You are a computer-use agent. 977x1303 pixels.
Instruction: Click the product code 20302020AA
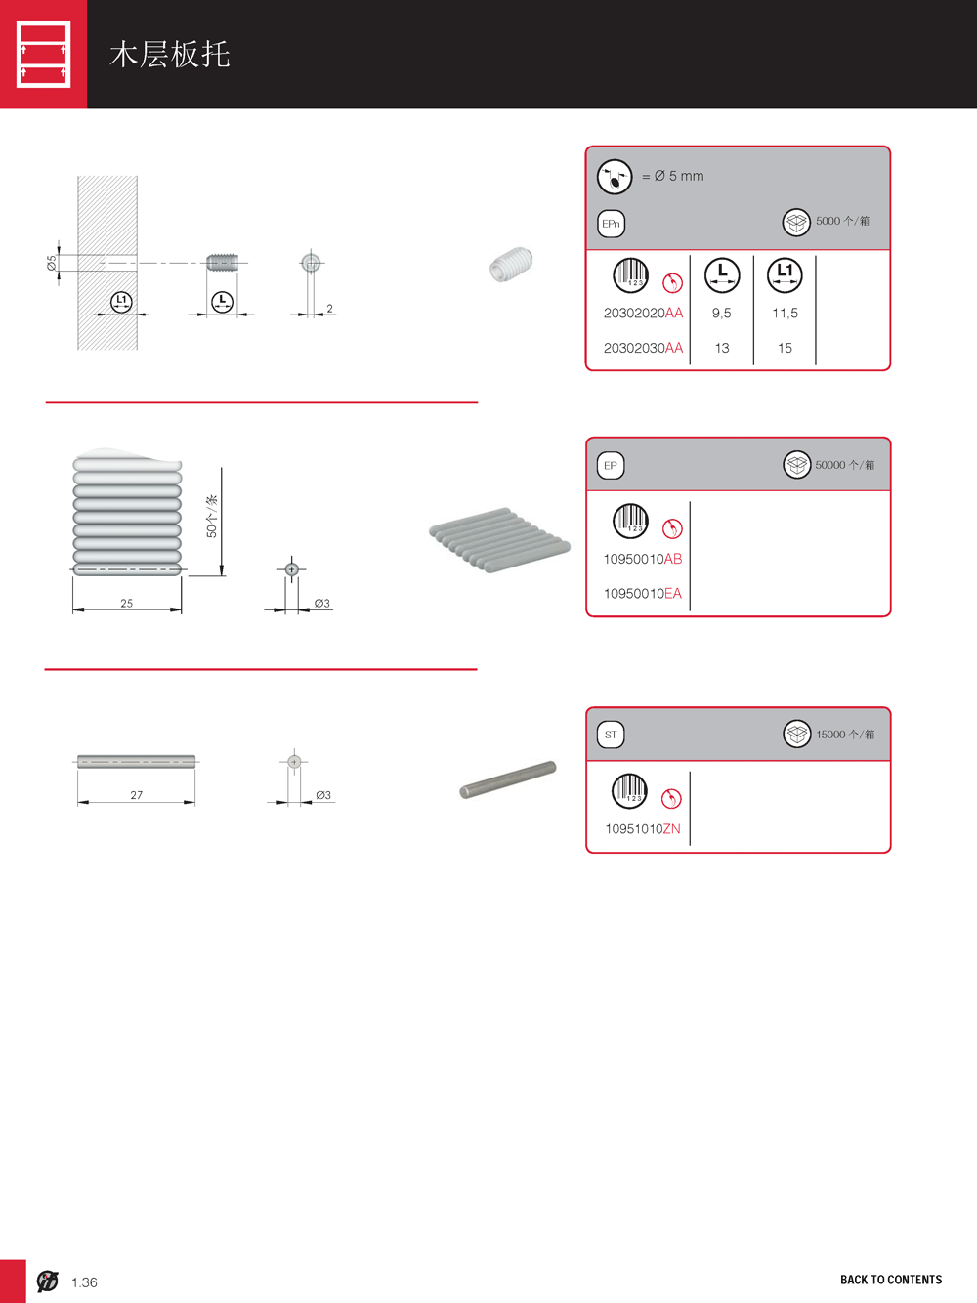click(x=643, y=313)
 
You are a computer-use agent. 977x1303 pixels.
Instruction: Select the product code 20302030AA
click(x=643, y=348)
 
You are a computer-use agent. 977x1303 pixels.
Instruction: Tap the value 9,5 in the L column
click(x=721, y=314)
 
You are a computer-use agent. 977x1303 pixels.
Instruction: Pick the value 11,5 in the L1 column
click(x=785, y=314)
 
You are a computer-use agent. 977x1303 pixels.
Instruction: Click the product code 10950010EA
click(x=642, y=594)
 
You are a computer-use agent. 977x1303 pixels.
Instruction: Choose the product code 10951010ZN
click(x=642, y=829)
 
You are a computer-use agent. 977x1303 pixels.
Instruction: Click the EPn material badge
click(x=611, y=224)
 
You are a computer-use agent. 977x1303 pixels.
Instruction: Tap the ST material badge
click(x=611, y=735)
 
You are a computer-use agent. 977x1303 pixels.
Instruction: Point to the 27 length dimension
click(x=137, y=795)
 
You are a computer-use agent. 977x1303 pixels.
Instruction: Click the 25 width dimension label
click(x=126, y=603)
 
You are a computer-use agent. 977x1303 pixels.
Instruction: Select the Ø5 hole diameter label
click(x=52, y=263)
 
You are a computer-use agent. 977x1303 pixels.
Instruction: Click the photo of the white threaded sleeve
click(x=511, y=264)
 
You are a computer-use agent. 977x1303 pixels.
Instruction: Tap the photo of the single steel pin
click(x=508, y=779)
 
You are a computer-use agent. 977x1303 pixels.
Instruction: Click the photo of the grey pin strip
click(x=500, y=539)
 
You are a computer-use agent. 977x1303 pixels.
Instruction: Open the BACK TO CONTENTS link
click(x=891, y=1280)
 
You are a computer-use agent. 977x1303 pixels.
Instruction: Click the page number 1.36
click(x=84, y=1282)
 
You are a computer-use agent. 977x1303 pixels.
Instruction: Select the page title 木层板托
click(x=170, y=55)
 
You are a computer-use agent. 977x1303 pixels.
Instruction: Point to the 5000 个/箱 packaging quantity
click(x=842, y=221)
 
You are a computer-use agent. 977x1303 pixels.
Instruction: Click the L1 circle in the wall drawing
click(x=122, y=301)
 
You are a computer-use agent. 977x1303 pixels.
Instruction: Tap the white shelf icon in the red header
click(x=43, y=54)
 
